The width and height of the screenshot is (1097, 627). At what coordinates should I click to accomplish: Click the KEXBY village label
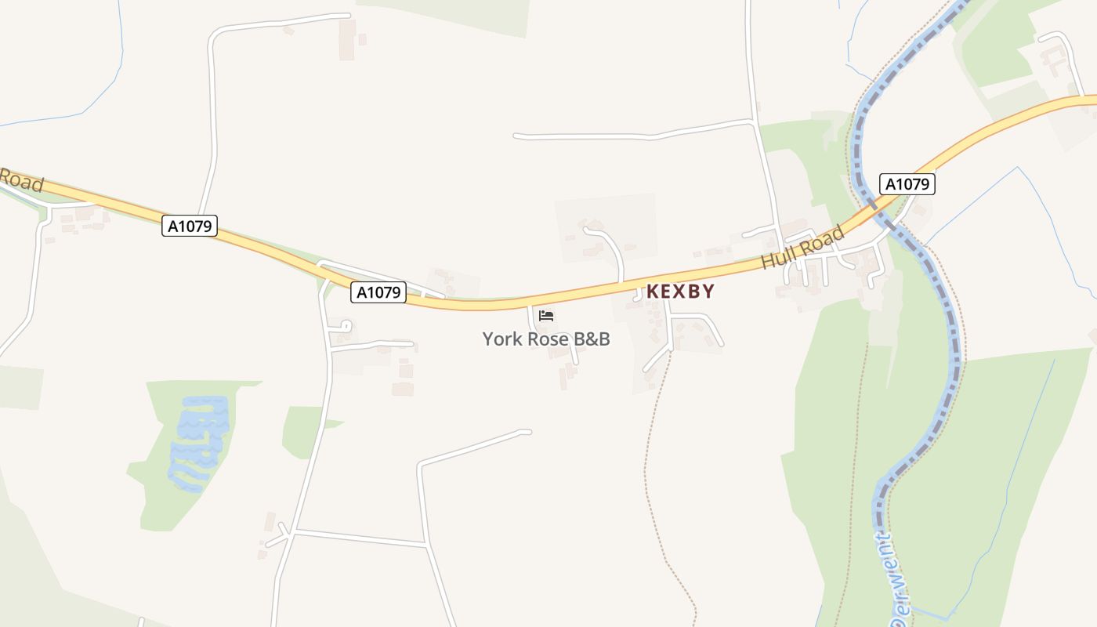point(680,292)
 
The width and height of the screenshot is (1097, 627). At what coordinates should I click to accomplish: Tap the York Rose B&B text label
point(546,339)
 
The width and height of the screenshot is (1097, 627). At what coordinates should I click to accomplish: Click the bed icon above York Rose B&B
point(546,315)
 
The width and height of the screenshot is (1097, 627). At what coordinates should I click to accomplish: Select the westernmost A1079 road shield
point(189,227)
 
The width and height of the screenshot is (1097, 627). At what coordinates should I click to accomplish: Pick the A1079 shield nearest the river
point(907,184)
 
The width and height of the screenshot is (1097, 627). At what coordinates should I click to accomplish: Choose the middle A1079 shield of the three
point(378,292)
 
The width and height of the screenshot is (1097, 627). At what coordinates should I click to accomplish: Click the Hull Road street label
point(803,247)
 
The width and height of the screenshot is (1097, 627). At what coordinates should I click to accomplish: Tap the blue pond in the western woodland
point(199,443)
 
